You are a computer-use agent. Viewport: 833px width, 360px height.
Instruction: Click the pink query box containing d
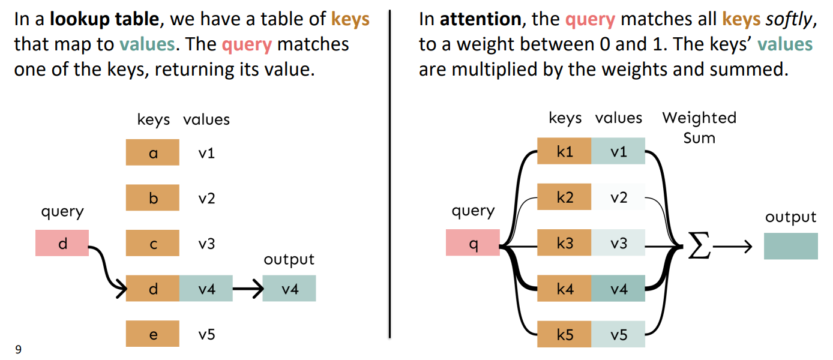pos(62,243)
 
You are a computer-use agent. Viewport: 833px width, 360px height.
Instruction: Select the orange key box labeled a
pos(152,152)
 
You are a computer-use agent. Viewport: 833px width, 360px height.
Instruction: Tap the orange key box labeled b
pos(152,197)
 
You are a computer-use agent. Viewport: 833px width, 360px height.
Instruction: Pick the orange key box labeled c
pos(152,243)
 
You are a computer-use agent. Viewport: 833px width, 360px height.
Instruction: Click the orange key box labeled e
pos(152,334)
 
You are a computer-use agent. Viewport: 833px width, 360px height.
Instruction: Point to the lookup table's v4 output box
pos(289,288)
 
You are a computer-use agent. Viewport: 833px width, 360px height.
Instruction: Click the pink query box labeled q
pos(473,242)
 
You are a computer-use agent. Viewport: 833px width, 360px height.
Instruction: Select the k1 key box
pos(564,151)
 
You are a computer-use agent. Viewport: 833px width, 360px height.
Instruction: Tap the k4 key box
pos(564,288)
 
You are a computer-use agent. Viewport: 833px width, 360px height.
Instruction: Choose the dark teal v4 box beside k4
pos(618,288)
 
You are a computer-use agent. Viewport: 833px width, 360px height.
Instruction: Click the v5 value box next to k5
pos(618,334)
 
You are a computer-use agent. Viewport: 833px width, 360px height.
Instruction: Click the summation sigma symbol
pos(699,245)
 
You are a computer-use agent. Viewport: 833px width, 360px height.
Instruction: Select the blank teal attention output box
pos(791,246)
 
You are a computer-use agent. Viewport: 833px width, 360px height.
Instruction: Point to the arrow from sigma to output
pos(732,246)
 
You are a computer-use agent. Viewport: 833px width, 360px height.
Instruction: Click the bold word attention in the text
pos(481,19)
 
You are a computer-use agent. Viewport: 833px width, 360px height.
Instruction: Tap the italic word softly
pos(789,20)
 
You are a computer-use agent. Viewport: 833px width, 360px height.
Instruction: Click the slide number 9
pos(18,349)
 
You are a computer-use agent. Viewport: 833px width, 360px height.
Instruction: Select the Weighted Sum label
pos(699,128)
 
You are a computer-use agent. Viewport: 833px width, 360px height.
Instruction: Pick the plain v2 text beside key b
pos(207,198)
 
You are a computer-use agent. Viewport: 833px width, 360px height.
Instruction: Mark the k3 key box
pos(564,242)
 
